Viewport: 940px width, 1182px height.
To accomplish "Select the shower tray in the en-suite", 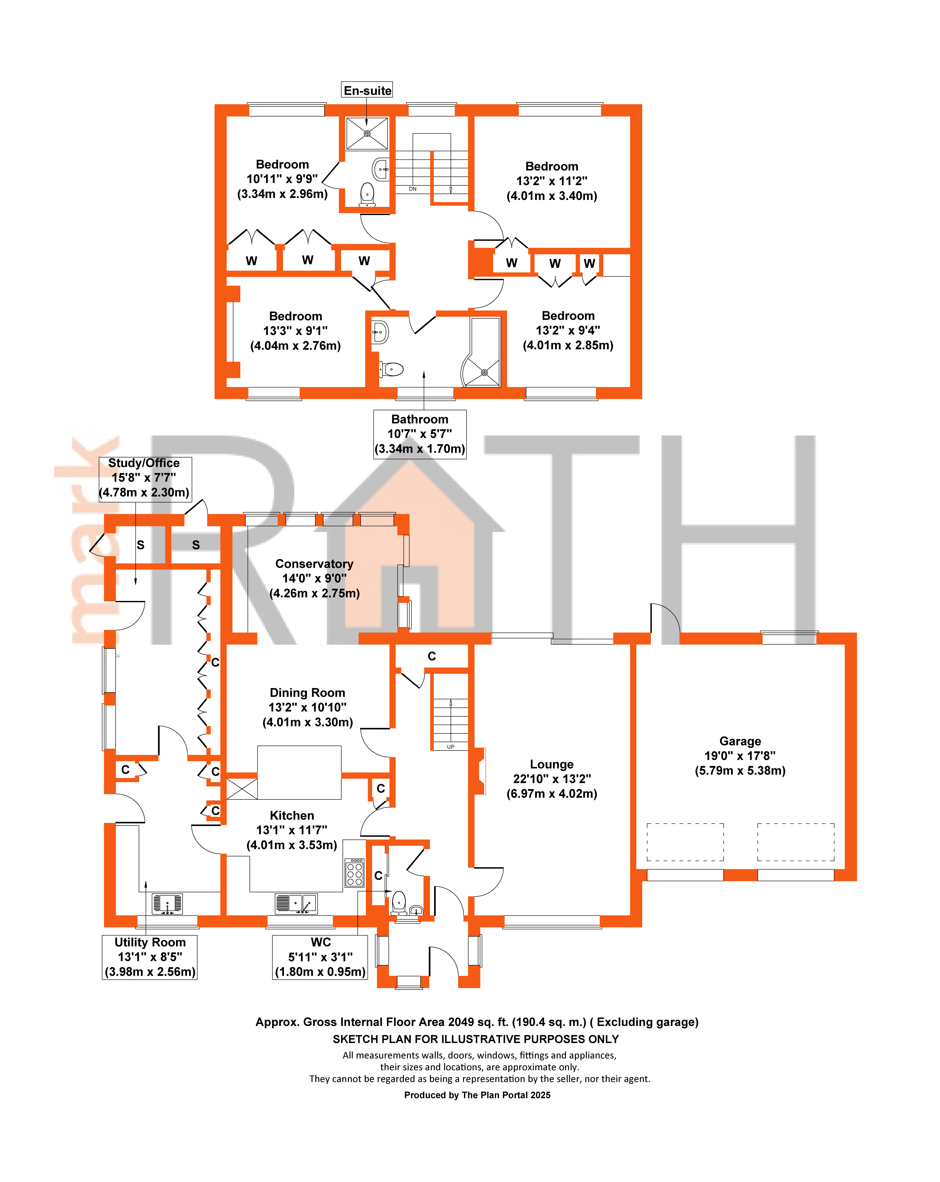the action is pos(367,133).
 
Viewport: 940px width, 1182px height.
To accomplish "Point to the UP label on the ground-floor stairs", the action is pos(451,747).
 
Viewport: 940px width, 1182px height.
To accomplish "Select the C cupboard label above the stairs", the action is pos(432,656).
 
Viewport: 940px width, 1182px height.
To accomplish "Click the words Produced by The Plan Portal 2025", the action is pos(477,1095).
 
